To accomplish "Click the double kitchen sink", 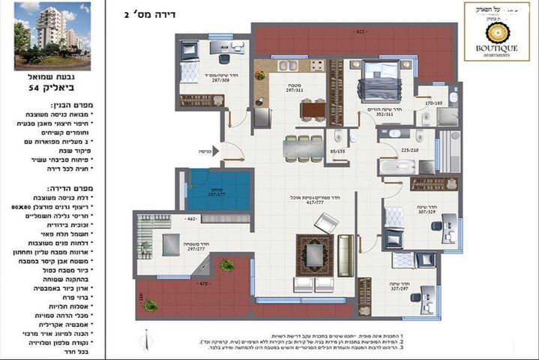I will [289, 66].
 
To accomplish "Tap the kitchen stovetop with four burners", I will [316, 66].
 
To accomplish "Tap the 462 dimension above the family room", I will [169, 218].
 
